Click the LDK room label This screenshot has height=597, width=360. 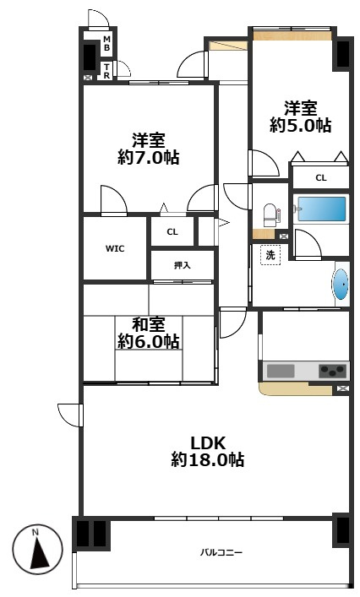(208, 443)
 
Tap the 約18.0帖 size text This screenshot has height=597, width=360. (208, 460)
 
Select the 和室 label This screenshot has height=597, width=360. (149, 325)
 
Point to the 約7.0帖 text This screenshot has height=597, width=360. (149, 157)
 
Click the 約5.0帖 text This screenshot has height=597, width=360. (301, 125)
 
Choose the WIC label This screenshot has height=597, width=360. (115, 248)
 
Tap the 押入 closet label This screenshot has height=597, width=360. (182, 265)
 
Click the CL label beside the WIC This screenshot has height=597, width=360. (172, 231)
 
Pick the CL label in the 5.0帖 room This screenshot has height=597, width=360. (321, 178)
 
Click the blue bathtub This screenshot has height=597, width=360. (321, 209)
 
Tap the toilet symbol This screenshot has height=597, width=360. (270, 214)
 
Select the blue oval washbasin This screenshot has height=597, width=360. (341, 284)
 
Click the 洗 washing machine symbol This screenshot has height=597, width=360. (270, 255)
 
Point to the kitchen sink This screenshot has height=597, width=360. (281, 371)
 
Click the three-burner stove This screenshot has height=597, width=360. (333, 371)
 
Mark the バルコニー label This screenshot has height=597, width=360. (221, 552)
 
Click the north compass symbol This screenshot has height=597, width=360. (37, 550)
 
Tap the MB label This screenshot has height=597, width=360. (107, 43)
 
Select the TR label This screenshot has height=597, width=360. (107, 72)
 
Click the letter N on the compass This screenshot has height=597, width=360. (35, 532)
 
